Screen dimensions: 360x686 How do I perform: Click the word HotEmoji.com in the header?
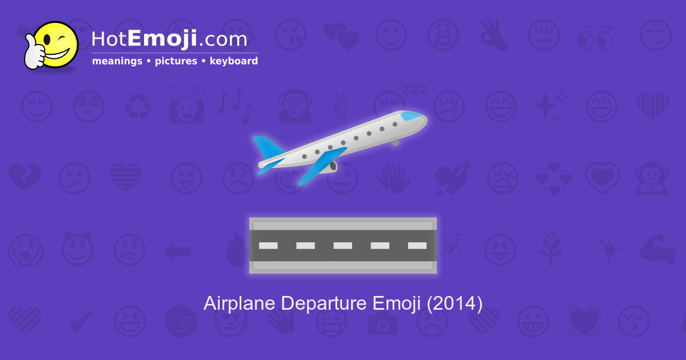(x=169, y=39)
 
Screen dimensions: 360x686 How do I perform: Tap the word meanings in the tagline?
(x=117, y=61)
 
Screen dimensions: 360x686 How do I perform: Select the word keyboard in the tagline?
(x=233, y=61)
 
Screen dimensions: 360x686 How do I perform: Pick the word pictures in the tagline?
(x=176, y=61)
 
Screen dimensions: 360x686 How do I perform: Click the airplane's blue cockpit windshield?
(x=413, y=116)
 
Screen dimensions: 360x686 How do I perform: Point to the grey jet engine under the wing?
(x=331, y=166)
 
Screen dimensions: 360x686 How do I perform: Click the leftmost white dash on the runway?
(x=268, y=246)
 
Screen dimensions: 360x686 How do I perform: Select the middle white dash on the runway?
(x=342, y=246)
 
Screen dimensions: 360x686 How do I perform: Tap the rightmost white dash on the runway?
(x=417, y=246)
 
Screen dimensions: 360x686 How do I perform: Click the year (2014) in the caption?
(x=454, y=303)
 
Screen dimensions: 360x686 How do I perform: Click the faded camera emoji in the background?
(x=382, y=323)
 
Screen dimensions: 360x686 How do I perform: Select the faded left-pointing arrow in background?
(x=177, y=250)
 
